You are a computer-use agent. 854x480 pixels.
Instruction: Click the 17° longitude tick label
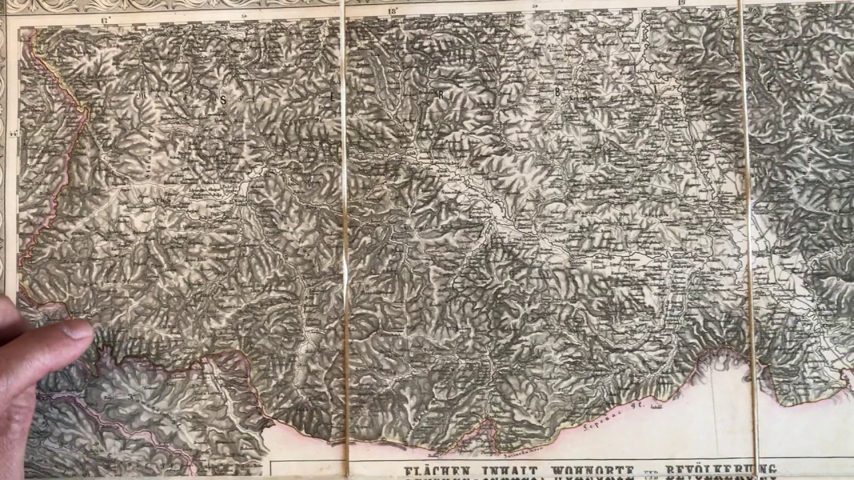click(x=104, y=21)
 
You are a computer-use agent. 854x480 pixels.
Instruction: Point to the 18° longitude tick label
click(x=392, y=11)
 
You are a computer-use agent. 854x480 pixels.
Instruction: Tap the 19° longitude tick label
click(x=681, y=3)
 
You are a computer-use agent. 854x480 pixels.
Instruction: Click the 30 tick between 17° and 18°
click(x=244, y=15)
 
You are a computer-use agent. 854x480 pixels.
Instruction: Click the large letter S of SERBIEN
click(x=224, y=98)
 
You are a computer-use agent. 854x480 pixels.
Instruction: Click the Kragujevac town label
click(x=582, y=99)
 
